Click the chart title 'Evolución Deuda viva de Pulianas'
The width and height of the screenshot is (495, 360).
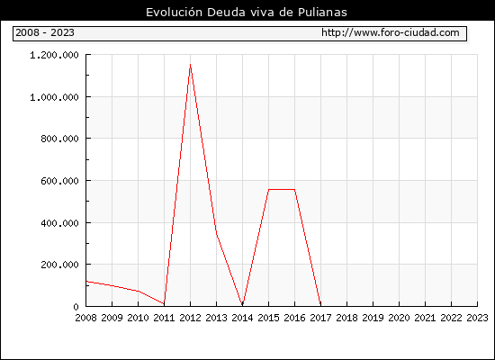(x=247, y=12)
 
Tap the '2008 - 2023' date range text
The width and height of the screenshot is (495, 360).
(x=45, y=32)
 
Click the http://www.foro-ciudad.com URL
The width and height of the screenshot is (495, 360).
(x=391, y=32)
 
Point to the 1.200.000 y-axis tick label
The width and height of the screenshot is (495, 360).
(x=54, y=55)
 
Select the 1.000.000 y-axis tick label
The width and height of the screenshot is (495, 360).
(x=54, y=97)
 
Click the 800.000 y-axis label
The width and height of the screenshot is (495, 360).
(x=59, y=139)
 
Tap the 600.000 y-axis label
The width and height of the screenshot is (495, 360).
(x=59, y=181)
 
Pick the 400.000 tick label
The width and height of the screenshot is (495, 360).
(x=59, y=223)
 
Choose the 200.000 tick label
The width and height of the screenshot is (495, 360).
(x=59, y=265)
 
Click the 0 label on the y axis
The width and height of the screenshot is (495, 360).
(x=76, y=307)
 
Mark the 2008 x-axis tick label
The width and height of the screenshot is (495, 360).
(x=85, y=318)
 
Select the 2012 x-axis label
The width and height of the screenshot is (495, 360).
(x=191, y=318)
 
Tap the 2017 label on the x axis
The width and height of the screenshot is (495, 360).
(x=320, y=318)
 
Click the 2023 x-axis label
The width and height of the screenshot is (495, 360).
(x=477, y=318)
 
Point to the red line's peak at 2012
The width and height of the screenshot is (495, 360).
(x=190, y=65)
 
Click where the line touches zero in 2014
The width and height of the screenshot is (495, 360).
(x=242, y=305)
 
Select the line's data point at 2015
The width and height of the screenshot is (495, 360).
(x=269, y=190)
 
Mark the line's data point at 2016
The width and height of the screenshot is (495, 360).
(x=294, y=190)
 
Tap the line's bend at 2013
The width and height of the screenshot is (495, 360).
(x=216, y=233)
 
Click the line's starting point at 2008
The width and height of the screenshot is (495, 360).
(x=86, y=282)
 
